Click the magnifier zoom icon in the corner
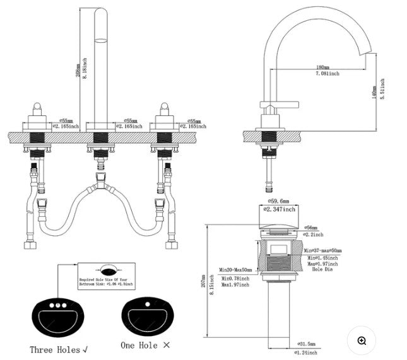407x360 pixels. (362, 340)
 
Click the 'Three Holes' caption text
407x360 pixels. (59, 349)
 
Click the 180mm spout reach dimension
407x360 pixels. (322, 67)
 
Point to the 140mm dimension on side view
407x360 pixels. (375, 93)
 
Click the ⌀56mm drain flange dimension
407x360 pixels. (310, 227)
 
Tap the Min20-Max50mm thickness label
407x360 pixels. (235, 270)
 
